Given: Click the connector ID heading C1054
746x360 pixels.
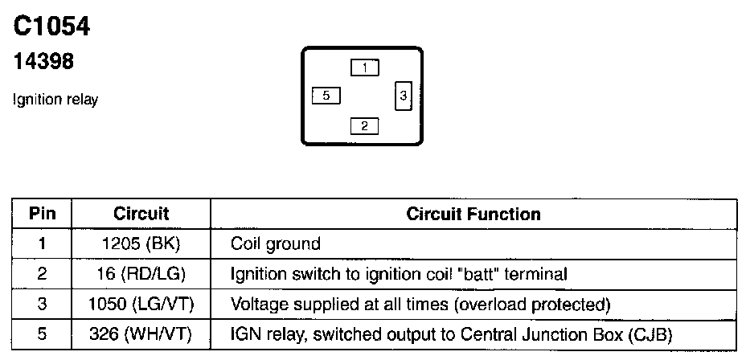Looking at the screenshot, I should (x=51, y=27).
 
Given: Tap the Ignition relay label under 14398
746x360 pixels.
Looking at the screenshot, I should (x=55, y=100).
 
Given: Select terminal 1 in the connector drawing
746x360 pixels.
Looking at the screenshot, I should (x=364, y=68).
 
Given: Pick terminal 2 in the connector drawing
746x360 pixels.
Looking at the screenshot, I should (x=364, y=125).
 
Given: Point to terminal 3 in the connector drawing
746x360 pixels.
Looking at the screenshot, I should (x=404, y=96).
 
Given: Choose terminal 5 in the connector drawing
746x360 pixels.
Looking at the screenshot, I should (x=326, y=96).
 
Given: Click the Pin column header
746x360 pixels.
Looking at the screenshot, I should (x=42, y=214).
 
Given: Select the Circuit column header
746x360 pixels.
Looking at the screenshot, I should (x=141, y=214).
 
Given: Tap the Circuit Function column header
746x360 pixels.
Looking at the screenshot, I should (x=473, y=214).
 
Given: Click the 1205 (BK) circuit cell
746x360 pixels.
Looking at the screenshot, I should (x=141, y=243).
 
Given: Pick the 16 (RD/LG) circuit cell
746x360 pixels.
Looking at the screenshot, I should (x=141, y=274).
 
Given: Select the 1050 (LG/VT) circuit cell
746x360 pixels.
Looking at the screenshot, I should (x=141, y=305).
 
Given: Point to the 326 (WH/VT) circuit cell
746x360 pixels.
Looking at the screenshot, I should (x=141, y=334).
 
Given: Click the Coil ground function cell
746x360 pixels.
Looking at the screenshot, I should (x=275, y=243).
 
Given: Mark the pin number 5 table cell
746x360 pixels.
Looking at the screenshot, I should (x=42, y=334).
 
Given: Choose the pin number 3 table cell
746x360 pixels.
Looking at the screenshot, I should (x=42, y=305).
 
